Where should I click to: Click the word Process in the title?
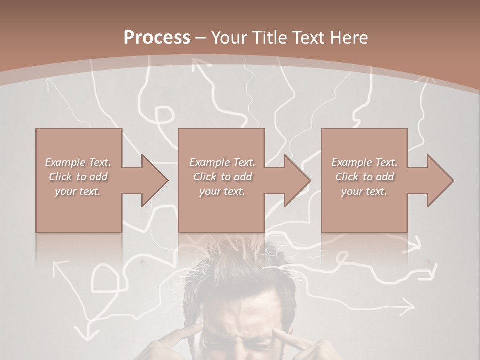pos(156,38)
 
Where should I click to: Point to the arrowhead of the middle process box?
pos(297,180)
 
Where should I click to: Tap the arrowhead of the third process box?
pos(440,180)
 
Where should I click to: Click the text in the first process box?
pos(78,177)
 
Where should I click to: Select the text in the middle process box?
pos(222,177)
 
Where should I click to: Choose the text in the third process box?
pos(364,177)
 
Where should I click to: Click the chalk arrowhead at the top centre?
pos(201,65)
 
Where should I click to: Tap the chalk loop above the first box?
pos(161,116)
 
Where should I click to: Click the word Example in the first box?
pos(65,162)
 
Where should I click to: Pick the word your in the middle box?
pos(210,191)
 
